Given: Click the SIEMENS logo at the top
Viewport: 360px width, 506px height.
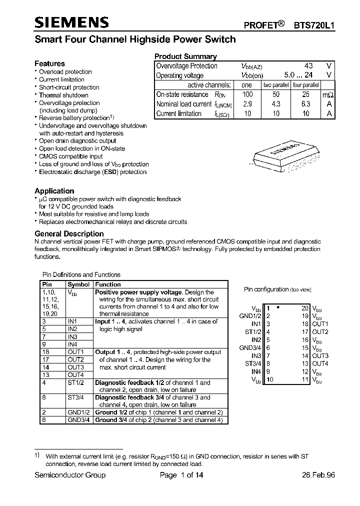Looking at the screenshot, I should coord(72,21).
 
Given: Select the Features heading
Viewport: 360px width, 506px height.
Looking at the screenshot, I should coord(49,63).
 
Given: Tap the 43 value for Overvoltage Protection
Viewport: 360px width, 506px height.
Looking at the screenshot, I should coord(308,66).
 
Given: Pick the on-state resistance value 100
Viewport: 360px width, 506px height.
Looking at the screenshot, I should coord(247,94).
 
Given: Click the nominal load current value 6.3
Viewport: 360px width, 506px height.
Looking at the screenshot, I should coord(305,104).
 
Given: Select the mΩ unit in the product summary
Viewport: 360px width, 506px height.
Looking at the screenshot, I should coord(328,94).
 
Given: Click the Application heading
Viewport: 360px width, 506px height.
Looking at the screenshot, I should coord(54,191).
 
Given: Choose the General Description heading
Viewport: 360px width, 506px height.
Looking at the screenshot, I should coord(69,233).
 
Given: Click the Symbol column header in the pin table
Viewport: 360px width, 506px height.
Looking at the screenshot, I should coord(78,284).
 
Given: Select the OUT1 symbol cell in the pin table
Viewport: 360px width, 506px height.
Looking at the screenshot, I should coord(75,352).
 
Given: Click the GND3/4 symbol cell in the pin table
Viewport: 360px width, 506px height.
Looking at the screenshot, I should coord(78,420).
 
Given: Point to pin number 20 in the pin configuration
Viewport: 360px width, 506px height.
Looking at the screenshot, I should coord(305,308).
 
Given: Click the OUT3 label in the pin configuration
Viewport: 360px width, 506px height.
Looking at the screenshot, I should coord(320,356).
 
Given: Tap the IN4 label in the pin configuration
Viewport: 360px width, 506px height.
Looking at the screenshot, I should coord(256,371).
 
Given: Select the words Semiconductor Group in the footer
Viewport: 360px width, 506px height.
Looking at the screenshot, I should coord(70,475).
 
